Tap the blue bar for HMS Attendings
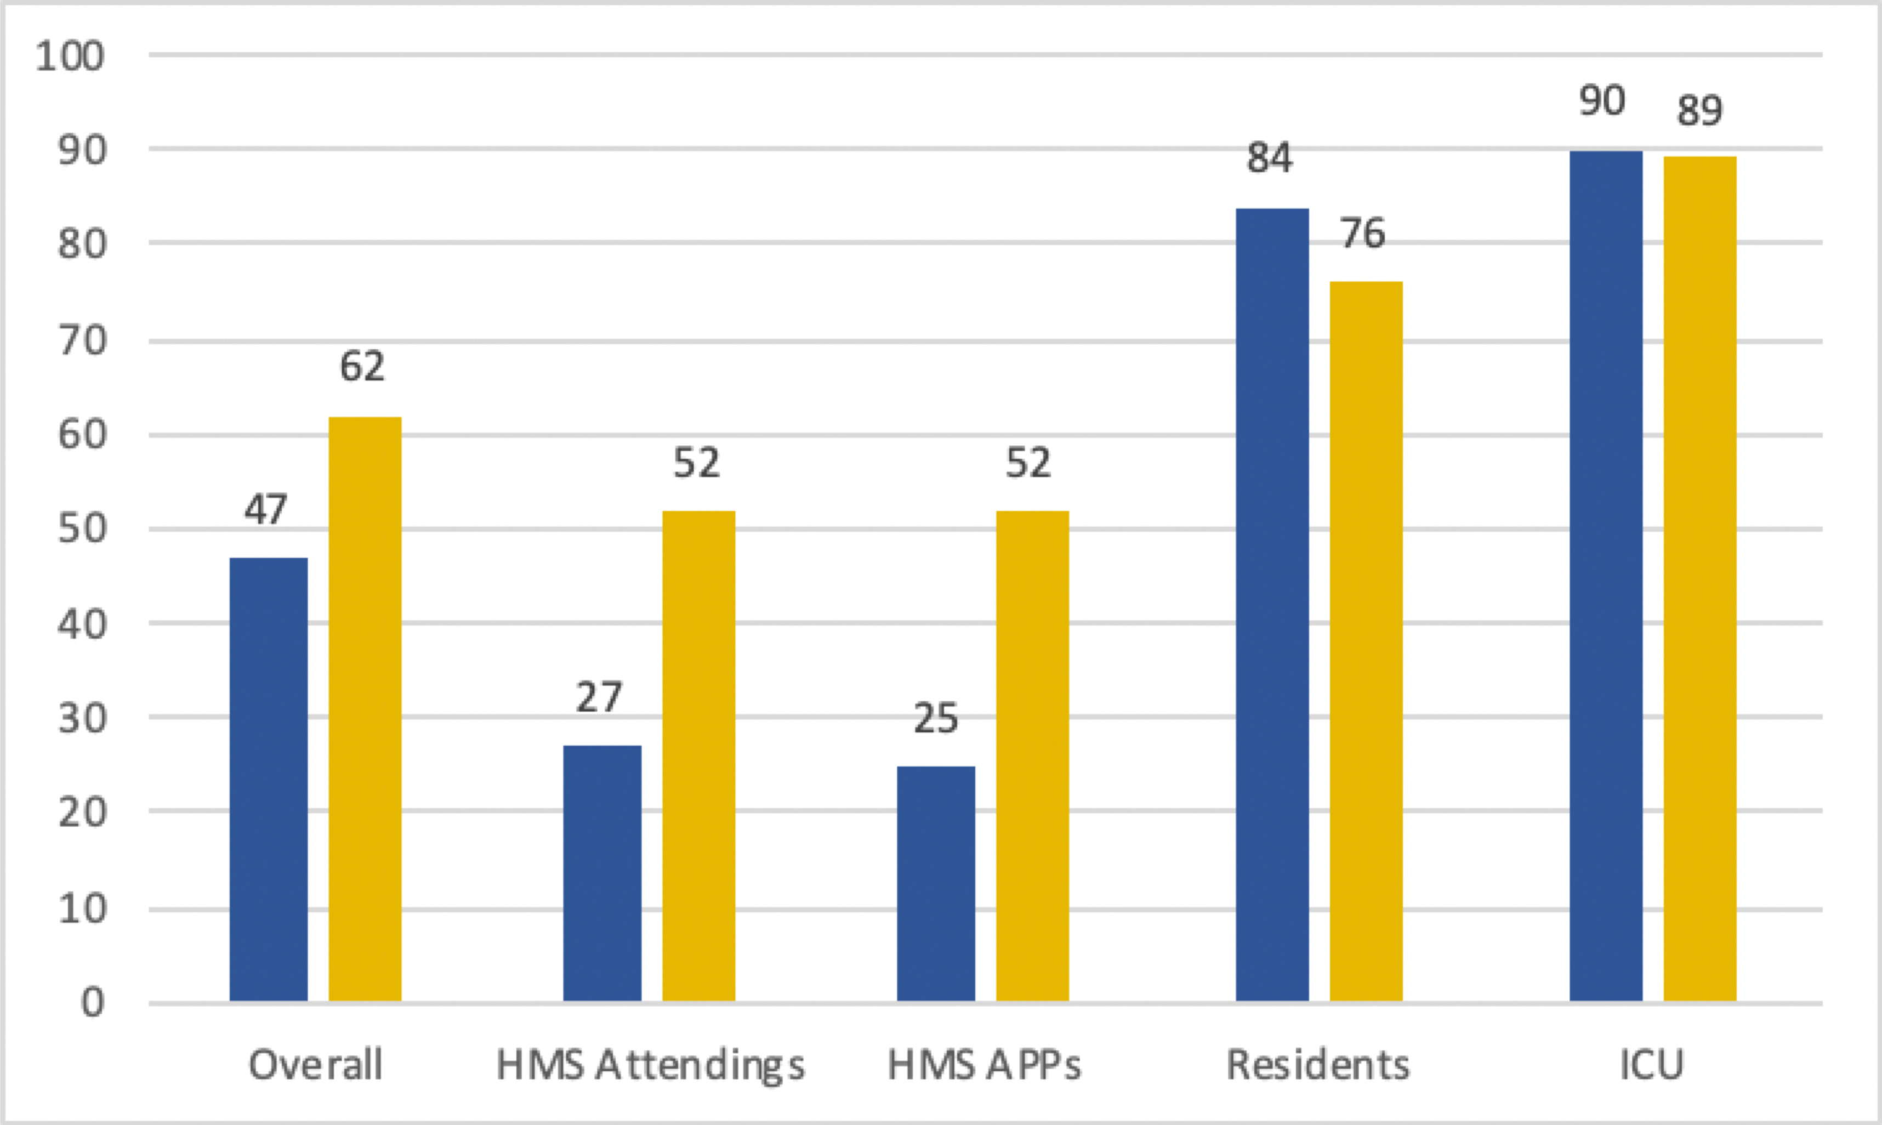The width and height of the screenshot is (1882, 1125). [x=602, y=873]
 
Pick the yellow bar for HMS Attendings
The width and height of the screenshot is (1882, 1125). [x=698, y=756]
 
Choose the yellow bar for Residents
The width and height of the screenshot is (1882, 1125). [x=1366, y=641]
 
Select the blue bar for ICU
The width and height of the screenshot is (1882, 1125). [x=1605, y=576]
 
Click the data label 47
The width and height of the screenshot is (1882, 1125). [x=265, y=509]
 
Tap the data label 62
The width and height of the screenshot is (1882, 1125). [x=362, y=367]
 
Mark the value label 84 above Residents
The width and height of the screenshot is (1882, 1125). [x=1270, y=158]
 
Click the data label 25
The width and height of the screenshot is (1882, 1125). [x=935, y=718]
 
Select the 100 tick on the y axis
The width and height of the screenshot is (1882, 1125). [x=70, y=57]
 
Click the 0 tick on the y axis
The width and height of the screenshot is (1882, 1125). [x=93, y=1003]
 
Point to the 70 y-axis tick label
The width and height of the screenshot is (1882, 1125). [x=81, y=341]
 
